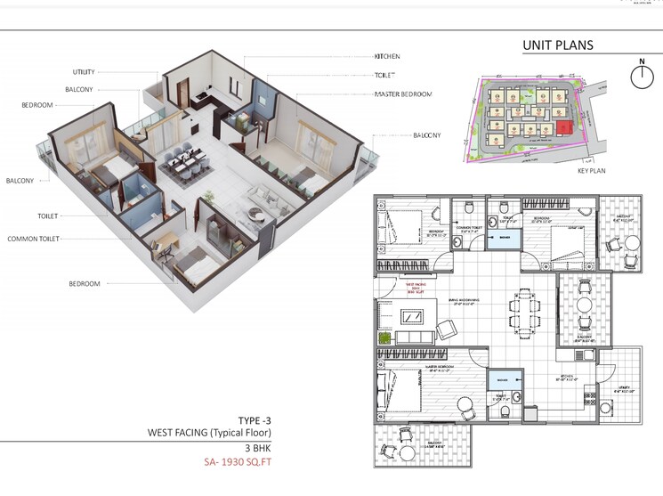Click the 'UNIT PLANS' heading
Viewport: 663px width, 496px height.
pyautogui.click(x=557, y=45)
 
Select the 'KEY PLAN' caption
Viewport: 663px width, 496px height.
pyautogui.click(x=591, y=170)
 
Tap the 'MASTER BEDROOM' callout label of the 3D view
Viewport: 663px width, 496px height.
pyautogui.click(x=403, y=94)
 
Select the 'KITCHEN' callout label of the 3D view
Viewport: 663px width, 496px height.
pyautogui.click(x=387, y=56)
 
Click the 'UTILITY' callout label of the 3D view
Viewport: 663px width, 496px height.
pyautogui.click(x=90, y=72)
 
